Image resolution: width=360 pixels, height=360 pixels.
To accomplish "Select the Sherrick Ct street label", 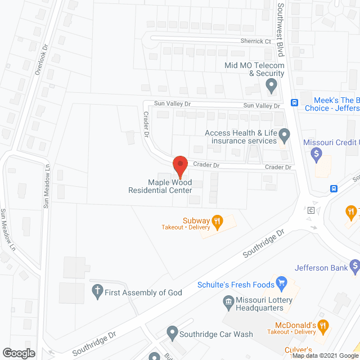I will coord(256,41).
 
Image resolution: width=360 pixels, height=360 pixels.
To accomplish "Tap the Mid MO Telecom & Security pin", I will coord(272,87).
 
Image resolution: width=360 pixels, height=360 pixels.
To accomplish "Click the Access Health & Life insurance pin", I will coord(285,135).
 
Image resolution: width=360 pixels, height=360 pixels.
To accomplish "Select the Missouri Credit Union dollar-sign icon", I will coord(316,152).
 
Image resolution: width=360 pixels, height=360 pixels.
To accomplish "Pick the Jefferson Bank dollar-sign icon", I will coord(354,265).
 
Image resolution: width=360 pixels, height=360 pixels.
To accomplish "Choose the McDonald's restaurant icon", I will coord(323,325).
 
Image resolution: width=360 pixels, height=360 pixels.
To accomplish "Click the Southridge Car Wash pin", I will coord(172,333).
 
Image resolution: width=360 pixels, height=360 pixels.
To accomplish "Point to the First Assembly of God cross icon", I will coord(97,292).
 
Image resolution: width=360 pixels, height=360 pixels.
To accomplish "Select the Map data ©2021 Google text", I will coord(325,355).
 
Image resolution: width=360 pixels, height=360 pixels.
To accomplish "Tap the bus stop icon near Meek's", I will coord(294,102).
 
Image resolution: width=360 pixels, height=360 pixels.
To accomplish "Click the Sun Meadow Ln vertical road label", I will coord(48,186).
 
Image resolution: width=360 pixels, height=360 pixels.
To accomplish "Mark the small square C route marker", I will coord(310,210).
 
